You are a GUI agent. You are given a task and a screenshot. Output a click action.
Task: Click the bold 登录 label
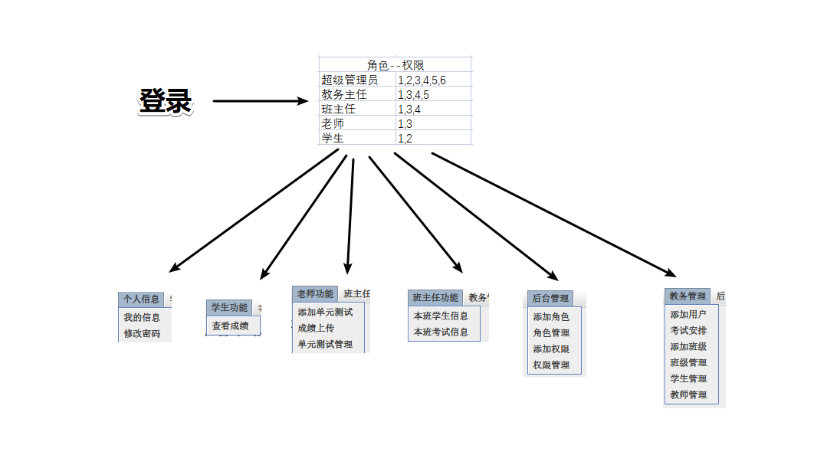(165, 101)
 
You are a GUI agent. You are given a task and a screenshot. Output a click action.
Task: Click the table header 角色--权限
(395, 65)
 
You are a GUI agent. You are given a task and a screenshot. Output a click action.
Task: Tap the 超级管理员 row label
(350, 80)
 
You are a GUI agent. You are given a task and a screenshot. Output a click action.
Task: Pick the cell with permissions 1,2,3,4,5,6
(422, 80)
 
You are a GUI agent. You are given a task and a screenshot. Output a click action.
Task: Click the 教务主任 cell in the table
(344, 94)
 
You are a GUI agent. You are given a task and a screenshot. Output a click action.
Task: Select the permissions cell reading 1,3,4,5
(413, 95)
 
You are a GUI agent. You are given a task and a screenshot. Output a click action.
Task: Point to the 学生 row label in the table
(333, 138)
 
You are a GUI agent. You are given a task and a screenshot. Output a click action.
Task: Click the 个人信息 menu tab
(141, 299)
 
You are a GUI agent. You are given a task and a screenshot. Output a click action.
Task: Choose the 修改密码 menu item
(142, 333)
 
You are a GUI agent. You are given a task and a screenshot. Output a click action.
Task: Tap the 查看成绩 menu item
(230, 326)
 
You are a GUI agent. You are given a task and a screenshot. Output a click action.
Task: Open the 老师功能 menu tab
(315, 294)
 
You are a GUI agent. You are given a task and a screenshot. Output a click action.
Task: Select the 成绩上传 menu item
(316, 328)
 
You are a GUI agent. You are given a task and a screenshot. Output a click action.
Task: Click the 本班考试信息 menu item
(441, 332)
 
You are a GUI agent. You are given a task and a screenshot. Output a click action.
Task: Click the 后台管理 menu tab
(550, 298)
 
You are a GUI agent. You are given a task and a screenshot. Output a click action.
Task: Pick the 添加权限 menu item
(551, 349)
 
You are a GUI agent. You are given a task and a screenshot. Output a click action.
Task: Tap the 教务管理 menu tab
(688, 296)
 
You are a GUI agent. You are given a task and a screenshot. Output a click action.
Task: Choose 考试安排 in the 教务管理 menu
(688, 330)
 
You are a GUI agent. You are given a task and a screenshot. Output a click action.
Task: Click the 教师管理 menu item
(688, 394)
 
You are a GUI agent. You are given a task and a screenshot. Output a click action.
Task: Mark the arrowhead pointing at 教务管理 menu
(671, 273)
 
